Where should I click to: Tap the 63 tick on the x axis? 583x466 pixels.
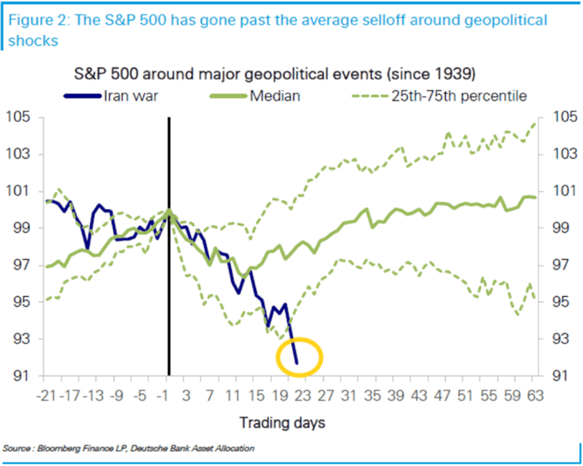(x=532, y=396)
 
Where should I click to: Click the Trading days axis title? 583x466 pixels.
(x=282, y=423)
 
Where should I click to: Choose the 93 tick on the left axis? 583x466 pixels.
(x=20, y=339)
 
